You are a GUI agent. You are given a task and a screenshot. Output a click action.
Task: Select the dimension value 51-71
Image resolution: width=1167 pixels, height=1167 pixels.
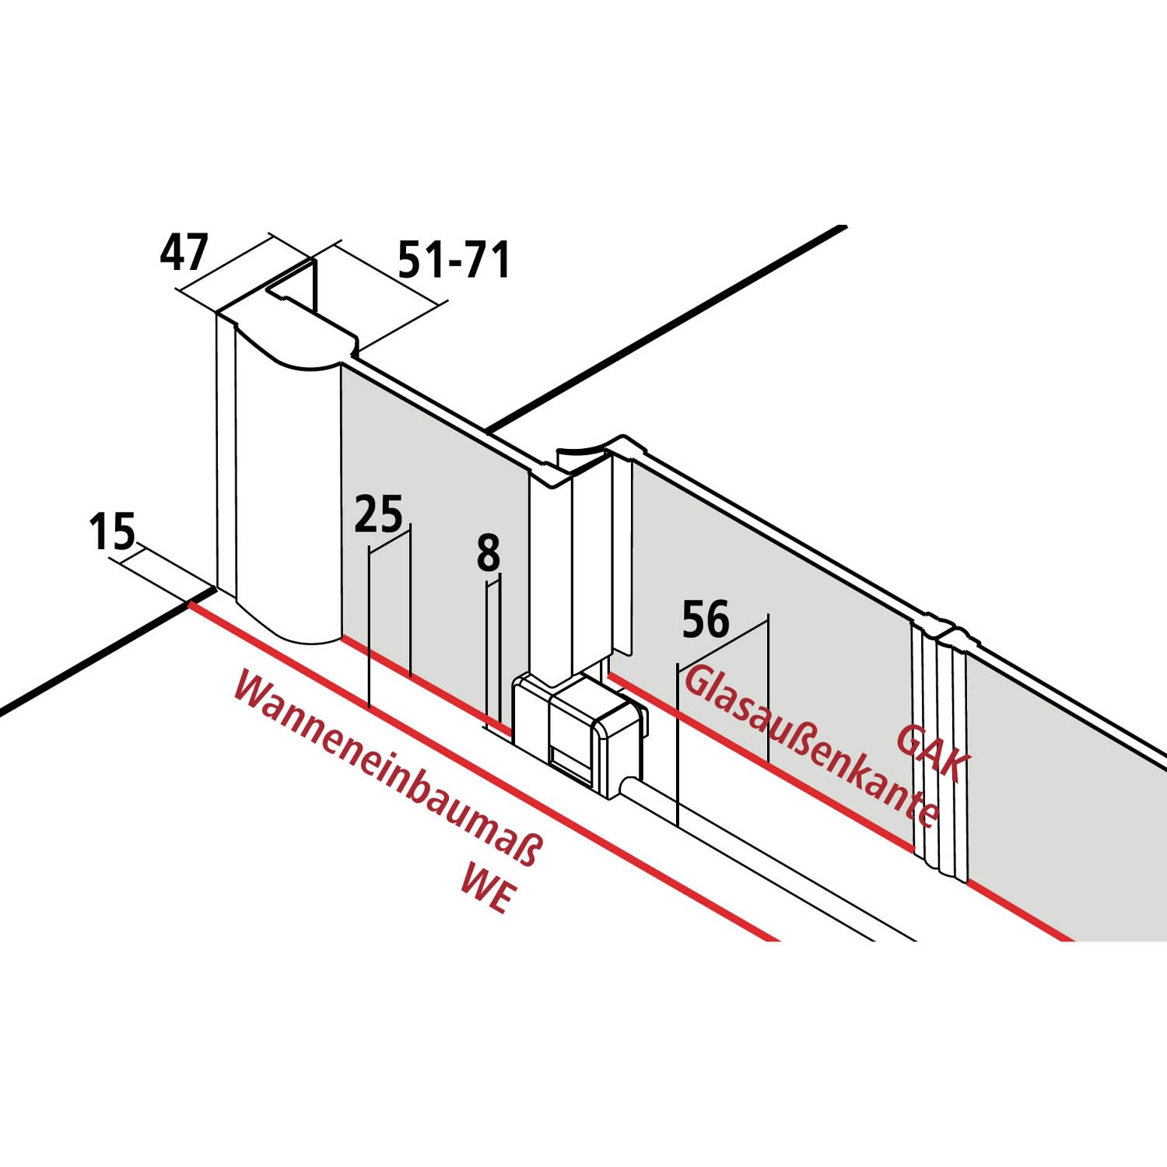[454, 260]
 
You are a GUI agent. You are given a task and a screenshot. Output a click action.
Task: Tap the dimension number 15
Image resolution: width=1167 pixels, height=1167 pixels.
[111, 531]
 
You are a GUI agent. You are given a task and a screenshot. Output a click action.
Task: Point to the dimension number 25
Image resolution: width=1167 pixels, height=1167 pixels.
[379, 514]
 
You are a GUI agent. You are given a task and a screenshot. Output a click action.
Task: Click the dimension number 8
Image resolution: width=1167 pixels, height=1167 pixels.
[488, 554]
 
